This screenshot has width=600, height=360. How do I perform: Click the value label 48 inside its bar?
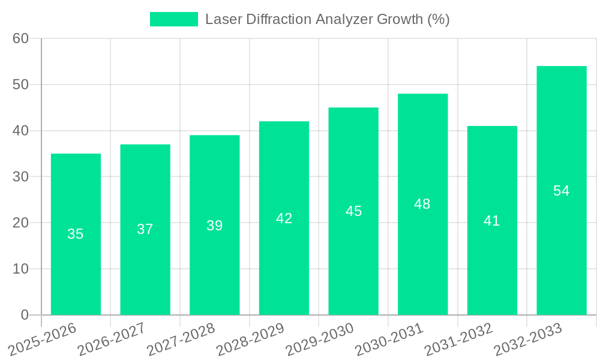422,204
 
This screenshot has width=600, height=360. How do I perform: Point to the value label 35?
76,234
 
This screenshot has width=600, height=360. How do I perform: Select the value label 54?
561,191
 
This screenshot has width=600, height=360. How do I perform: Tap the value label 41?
492,221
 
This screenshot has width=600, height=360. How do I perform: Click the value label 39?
215,226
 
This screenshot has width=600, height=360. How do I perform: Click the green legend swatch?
173,19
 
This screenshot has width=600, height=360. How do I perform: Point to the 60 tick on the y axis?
20,38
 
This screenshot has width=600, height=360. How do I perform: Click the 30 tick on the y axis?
20,176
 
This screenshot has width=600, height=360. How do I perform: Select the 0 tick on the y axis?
25,314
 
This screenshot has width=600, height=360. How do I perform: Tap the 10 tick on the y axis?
20,269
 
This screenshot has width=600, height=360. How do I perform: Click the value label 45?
353,211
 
